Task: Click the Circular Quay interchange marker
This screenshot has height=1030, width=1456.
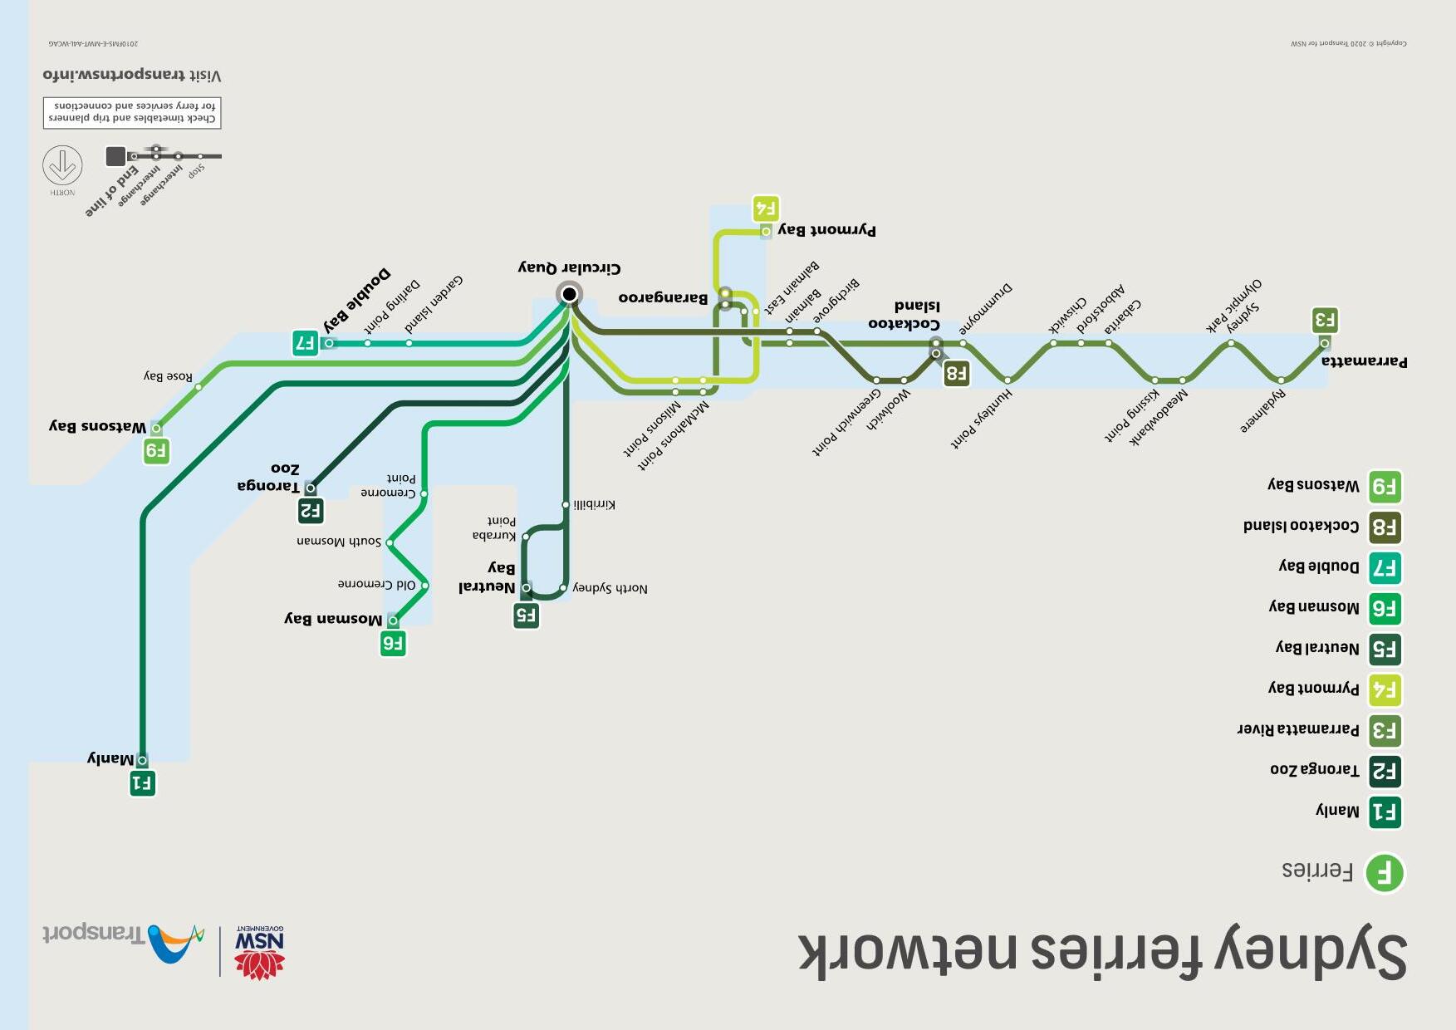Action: (569, 294)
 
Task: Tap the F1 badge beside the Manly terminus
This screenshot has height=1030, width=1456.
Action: (143, 783)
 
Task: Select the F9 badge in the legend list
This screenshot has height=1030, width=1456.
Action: (1384, 487)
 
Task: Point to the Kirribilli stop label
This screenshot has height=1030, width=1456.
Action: (594, 504)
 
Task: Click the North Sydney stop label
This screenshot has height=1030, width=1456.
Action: (610, 588)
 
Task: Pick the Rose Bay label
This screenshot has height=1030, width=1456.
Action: (168, 376)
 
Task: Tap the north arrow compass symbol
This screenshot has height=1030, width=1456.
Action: (62, 165)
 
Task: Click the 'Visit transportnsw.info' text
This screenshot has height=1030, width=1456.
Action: (132, 75)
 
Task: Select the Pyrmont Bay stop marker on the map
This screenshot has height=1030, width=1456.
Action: (766, 232)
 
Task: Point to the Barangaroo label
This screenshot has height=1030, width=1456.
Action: (663, 297)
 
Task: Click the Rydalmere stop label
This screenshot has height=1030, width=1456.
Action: (1263, 411)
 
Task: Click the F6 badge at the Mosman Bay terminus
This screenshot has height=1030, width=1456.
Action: (393, 644)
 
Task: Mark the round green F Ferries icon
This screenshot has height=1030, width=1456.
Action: (1384, 873)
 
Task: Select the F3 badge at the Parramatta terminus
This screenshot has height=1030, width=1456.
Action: (1325, 320)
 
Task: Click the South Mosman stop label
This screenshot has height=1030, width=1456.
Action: (339, 542)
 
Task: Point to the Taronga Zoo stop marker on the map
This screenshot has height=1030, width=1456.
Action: (311, 488)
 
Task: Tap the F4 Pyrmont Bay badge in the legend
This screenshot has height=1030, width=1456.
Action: (1384, 689)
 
